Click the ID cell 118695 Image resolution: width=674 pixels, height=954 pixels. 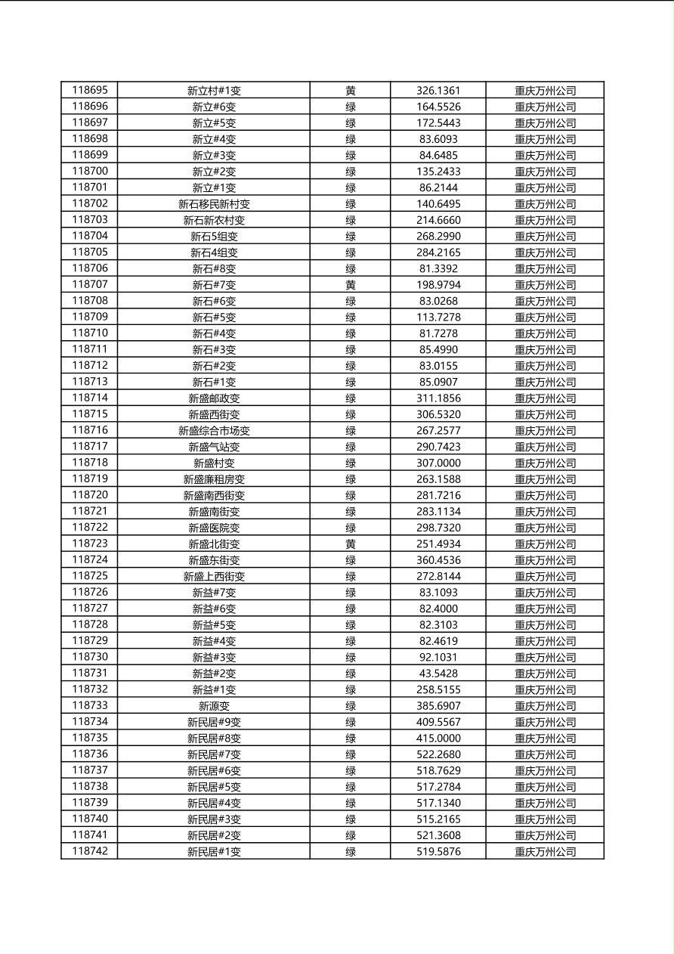[x=90, y=90]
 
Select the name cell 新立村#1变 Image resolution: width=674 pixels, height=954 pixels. [x=214, y=91]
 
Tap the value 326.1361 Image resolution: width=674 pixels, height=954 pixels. [x=438, y=91]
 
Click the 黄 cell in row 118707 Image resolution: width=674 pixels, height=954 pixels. [x=351, y=285]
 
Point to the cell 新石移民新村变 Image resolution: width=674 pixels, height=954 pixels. [x=214, y=204]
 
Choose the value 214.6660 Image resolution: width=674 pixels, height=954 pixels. [x=438, y=220]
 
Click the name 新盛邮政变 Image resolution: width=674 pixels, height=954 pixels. [x=214, y=398]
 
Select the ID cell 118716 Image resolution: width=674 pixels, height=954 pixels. [x=90, y=430]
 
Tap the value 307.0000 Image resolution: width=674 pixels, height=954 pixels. [x=438, y=463]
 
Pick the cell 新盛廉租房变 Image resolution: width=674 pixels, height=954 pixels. [x=214, y=479]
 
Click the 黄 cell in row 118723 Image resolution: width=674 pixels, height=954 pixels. [x=351, y=544]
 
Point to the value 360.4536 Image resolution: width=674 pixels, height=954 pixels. [x=438, y=560]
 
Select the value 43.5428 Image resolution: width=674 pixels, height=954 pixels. [x=438, y=674]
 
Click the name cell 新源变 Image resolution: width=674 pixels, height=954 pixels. [x=214, y=706]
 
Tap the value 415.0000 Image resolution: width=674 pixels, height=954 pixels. [x=438, y=738]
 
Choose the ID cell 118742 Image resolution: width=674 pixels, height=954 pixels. [x=90, y=851]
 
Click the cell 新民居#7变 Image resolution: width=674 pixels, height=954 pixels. [x=214, y=754]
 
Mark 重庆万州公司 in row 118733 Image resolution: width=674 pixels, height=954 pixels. [x=545, y=706]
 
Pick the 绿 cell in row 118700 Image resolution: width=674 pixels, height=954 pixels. [x=351, y=172]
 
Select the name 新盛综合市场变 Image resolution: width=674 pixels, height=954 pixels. [x=214, y=431]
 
